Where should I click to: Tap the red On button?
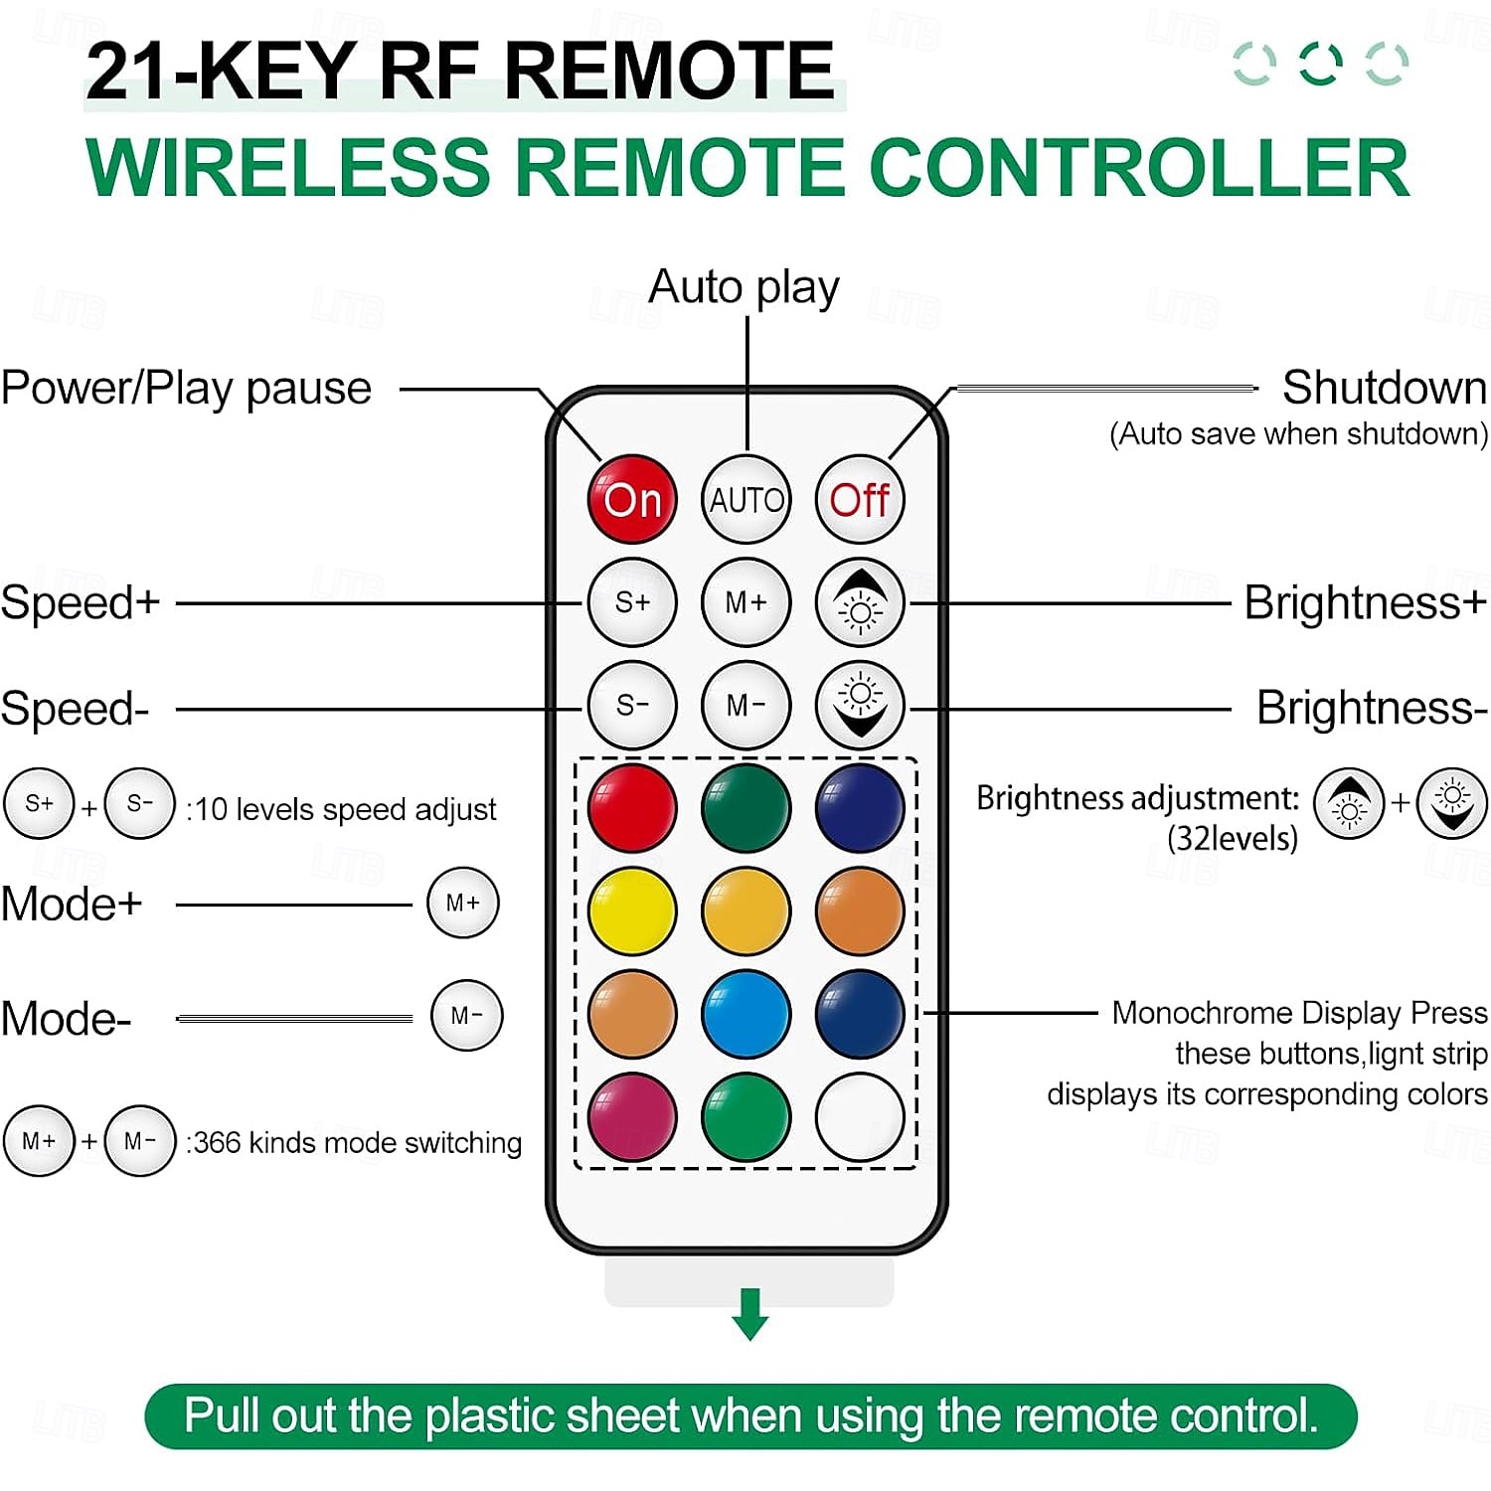coord(631,499)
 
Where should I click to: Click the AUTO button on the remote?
coord(745,499)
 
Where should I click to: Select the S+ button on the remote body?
coord(631,602)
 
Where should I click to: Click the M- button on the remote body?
coord(745,705)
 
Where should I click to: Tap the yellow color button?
coord(631,911)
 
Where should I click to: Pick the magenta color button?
coord(631,1116)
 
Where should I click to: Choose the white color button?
coord(860,1116)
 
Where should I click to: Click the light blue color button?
coord(745,1014)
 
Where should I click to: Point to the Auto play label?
coord(744,287)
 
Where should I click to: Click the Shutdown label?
coord(1384,388)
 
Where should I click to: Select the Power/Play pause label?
coord(186,388)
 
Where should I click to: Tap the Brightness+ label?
coord(1365,602)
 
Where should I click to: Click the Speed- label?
coord(75,709)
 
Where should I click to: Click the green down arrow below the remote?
coord(749,1313)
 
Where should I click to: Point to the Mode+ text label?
coord(72,904)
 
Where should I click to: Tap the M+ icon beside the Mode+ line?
coord(462,903)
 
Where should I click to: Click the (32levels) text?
coord(1233,839)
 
